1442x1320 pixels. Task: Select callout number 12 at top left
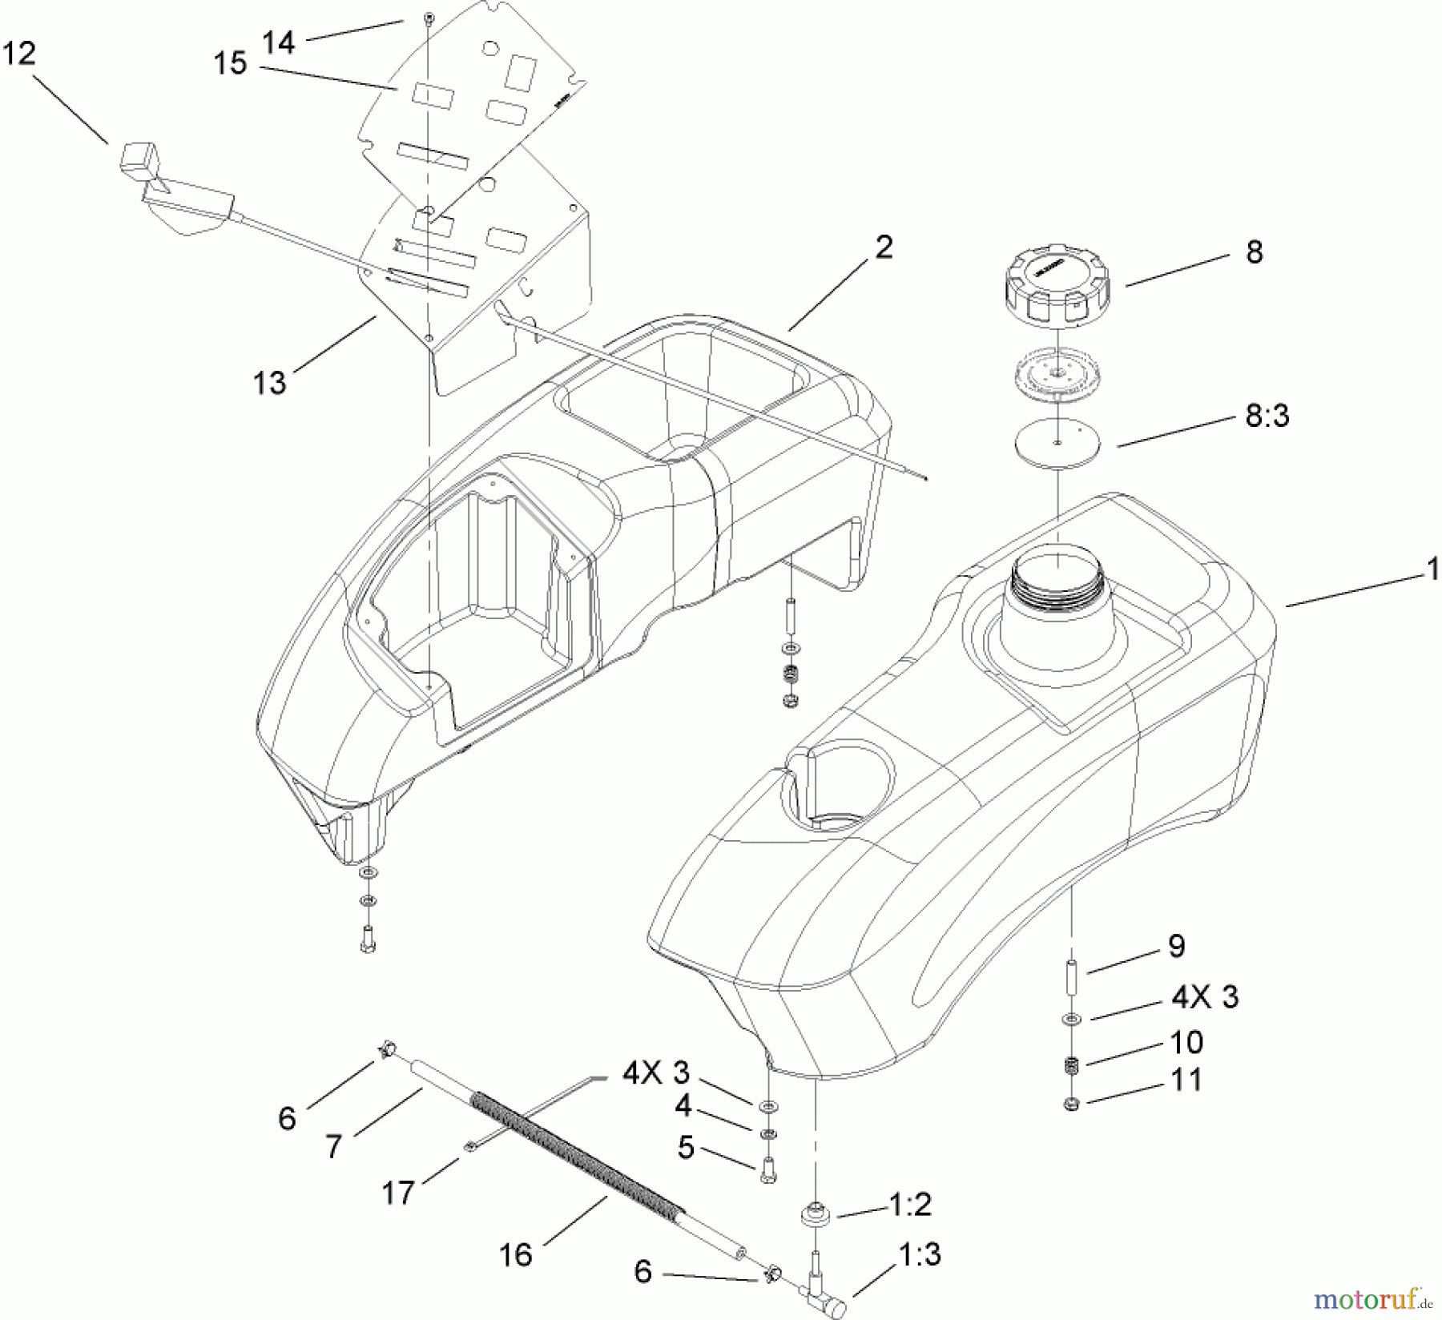(20, 54)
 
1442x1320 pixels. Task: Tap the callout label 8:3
(1267, 417)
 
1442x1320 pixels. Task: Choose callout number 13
(270, 383)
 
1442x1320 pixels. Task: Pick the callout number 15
(231, 63)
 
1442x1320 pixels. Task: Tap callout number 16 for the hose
(516, 1254)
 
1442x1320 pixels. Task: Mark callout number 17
(398, 1193)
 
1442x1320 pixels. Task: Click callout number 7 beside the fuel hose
(334, 1146)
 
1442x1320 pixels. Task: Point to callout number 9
(1176, 946)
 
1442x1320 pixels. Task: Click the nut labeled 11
(1072, 1105)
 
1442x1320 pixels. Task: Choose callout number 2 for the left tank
(884, 247)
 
